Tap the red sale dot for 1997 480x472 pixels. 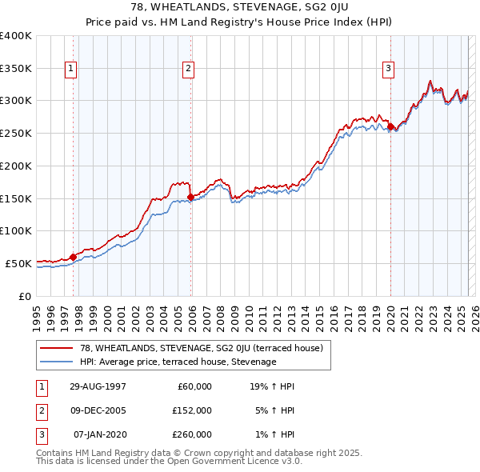(73, 257)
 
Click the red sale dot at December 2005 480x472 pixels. (190, 197)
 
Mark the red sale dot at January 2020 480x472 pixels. (390, 126)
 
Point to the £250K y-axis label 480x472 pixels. (16, 134)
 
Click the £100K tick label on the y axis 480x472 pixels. (16, 230)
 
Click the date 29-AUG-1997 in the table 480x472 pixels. (97, 386)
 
